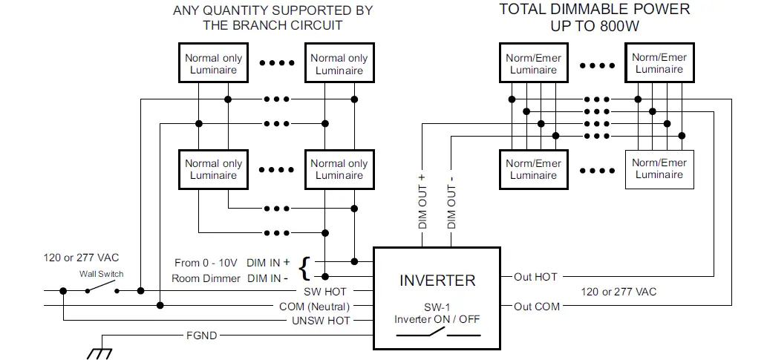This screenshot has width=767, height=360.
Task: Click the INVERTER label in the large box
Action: (x=437, y=281)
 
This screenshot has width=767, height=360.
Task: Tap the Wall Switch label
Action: (x=101, y=274)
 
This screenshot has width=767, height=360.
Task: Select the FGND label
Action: (x=201, y=336)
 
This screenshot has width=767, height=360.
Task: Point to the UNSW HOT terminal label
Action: (x=321, y=321)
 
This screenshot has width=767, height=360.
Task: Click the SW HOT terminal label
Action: (x=324, y=292)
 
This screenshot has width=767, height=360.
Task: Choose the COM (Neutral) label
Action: (x=315, y=307)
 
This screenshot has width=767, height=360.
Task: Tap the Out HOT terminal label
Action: (x=535, y=277)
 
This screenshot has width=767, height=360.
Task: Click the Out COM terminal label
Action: (x=537, y=307)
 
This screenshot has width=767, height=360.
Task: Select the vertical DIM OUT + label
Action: (x=422, y=201)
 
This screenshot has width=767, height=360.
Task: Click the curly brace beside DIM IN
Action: (x=304, y=269)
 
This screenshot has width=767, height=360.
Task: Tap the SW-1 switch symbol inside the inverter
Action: (x=438, y=333)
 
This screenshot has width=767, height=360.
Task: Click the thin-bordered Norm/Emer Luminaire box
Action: (x=659, y=169)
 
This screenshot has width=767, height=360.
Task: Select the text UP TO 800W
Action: (x=595, y=25)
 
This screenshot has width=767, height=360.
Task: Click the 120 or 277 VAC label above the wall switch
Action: (x=81, y=258)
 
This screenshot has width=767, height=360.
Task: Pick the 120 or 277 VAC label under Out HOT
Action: (x=619, y=292)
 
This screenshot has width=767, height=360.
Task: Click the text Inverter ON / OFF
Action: (x=437, y=319)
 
